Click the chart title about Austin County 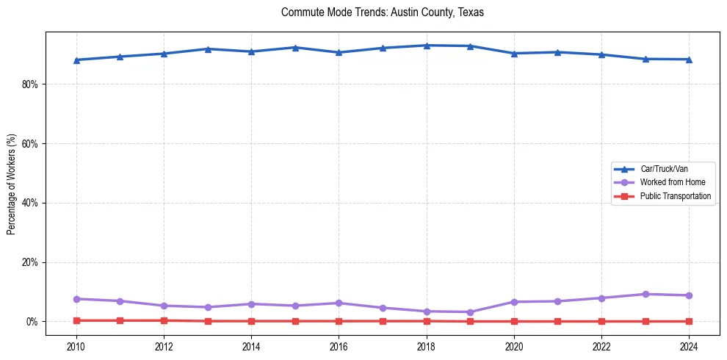pos(382,12)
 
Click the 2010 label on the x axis pos(76,345)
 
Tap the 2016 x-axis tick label pos(339,345)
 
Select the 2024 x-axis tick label pos(689,345)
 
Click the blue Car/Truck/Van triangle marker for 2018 pos(426,46)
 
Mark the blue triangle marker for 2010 pos(76,60)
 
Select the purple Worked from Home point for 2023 pos(645,295)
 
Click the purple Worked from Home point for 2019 pos(470,312)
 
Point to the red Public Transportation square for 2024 pos(689,321)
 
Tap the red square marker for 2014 pos(251,321)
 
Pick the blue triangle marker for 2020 pos(514,54)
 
